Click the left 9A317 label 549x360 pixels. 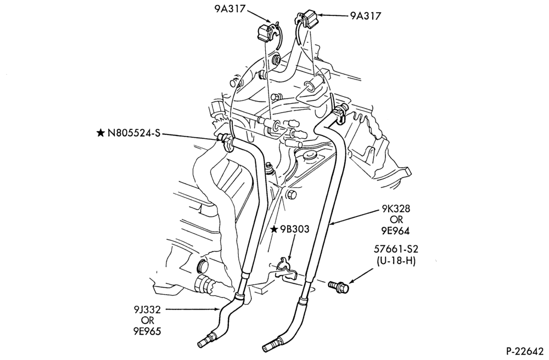[229, 9]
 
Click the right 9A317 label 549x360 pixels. [365, 16]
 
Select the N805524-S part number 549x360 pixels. [134, 133]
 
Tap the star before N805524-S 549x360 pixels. [100, 133]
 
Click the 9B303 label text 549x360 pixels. [294, 229]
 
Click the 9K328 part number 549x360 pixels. [396, 209]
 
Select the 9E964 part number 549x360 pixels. [396, 231]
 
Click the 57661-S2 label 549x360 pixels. [396, 250]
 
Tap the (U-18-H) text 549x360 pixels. [396, 261]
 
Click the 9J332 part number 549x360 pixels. [147, 310]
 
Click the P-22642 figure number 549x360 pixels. [525, 351]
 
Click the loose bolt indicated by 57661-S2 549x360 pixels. [339, 286]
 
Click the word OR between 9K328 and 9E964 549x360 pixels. [396, 220]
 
